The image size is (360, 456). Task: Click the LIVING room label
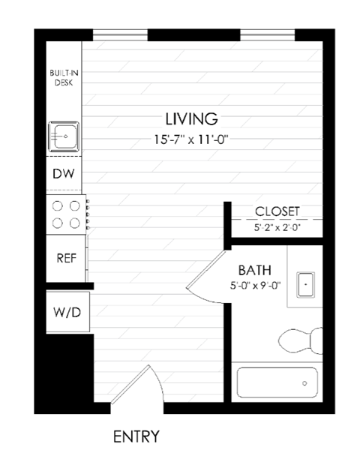tap(191, 118)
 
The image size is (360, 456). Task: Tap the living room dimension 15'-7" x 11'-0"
tap(191, 138)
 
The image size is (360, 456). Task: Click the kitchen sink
tap(65, 137)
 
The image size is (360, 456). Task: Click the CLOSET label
tap(277, 211)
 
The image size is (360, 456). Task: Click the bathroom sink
tap(305, 285)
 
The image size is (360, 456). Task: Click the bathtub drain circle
tap(305, 383)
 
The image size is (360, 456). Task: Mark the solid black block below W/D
tap(66, 371)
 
